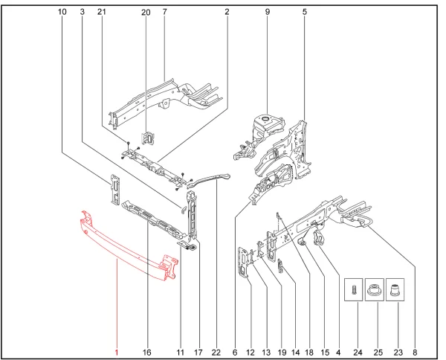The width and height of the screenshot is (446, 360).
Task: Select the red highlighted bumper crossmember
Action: (x=126, y=245)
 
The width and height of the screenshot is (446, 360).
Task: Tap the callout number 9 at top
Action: (x=267, y=12)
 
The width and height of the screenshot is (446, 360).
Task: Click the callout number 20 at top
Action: (x=146, y=12)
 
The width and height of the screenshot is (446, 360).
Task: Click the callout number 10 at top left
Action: (x=62, y=12)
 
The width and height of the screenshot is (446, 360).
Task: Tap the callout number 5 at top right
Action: (x=305, y=12)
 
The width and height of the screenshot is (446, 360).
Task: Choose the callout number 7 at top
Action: (x=164, y=12)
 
